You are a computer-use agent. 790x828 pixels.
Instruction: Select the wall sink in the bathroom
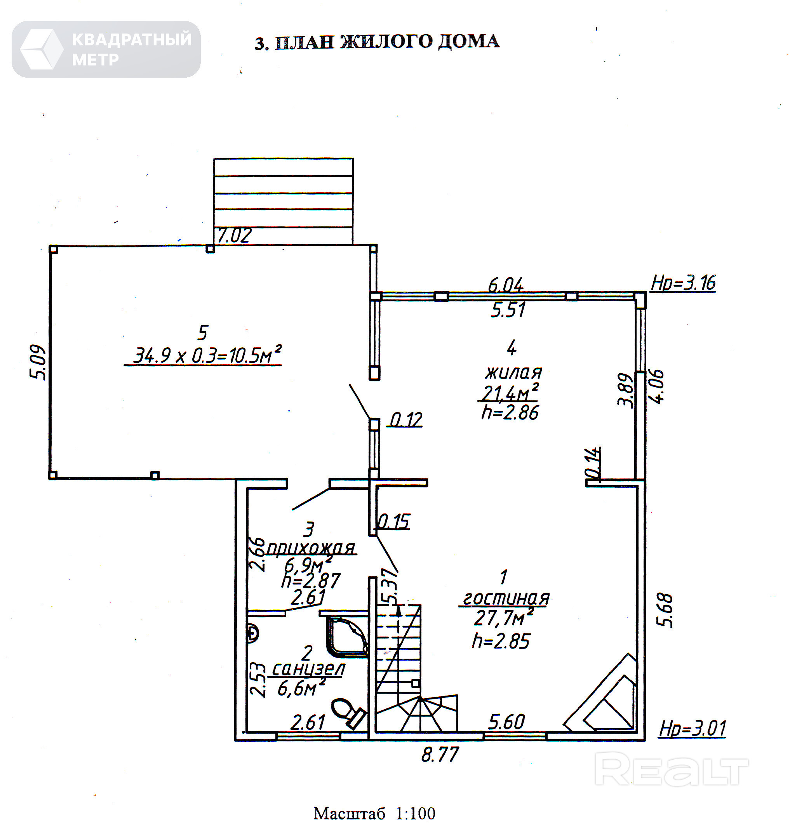pyautogui.click(x=253, y=633)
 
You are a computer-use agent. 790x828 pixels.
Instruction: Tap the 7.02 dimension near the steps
pyautogui.click(x=234, y=235)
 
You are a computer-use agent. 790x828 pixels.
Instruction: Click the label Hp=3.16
pyautogui.click(x=683, y=283)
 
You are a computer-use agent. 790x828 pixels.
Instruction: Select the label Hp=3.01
pyautogui.click(x=692, y=729)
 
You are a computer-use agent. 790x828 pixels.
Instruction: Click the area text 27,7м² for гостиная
pyautogui.click(x=503, y=618)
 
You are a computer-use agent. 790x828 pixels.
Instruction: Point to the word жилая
pyautogui.click(x=513, y=373)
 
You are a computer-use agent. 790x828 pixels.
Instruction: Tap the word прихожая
pyautogui.click(x=311, y=548)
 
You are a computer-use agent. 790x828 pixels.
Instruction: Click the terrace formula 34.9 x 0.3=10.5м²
pyautogui.click(x=207, y=355)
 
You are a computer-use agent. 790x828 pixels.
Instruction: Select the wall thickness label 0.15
pyautogui.click(x=393, y=522)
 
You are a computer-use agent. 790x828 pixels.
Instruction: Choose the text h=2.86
pyautogui.click(x=510, y=413)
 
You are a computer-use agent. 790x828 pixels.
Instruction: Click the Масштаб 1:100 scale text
pyautogui.click(x=374, y=813)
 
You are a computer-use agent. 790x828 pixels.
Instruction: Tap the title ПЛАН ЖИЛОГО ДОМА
pyautogui.click(x=377, y=42)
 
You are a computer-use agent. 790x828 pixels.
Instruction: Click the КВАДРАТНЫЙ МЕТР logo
pyautogui.click(x=106, y=49)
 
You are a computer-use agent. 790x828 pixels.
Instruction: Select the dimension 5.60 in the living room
pyautogui.click(x=506, y=722)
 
